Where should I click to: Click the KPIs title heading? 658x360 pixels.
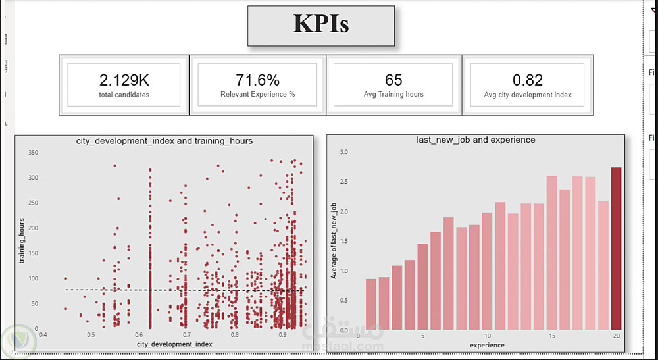pos(321,25)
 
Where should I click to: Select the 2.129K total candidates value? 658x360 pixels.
pos(124,80)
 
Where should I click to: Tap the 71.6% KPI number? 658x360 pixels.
pos(258,80)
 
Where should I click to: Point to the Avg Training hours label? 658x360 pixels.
pos(393,95)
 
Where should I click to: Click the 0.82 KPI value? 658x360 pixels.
pos(528,80)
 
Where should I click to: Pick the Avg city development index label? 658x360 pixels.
pos(528,95)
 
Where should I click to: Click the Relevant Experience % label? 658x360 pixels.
pos(258,95)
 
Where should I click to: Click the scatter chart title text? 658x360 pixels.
pos(164,141)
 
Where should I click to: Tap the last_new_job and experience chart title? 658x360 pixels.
pos(476,140)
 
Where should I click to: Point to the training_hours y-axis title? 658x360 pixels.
pos(22,240)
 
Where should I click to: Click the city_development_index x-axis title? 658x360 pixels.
pos(174,344)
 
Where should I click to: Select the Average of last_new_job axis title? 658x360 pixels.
pos(334,240)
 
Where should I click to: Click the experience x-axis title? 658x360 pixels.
pos(488,345)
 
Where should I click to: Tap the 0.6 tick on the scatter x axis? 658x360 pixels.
pos(139,335)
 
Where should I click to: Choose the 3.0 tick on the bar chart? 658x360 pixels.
pos(343,153)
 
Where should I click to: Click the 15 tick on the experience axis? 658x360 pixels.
pos(551,335)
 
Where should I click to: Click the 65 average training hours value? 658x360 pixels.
pos(393,80)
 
